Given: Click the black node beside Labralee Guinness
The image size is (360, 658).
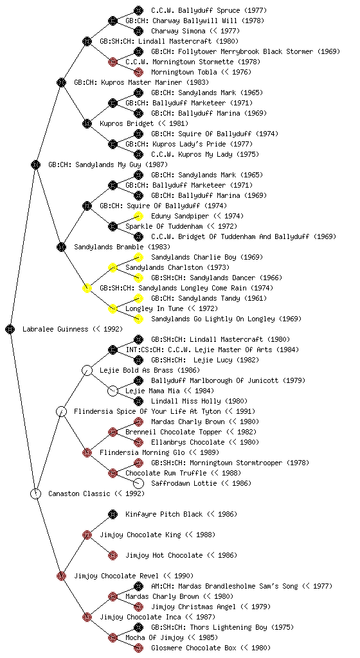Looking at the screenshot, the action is pos(10,329).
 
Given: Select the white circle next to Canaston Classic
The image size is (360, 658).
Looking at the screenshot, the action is pos(35,493).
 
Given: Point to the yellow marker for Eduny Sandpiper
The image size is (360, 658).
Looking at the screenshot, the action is pos(138,216).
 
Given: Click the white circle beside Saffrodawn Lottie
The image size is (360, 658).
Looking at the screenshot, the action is pos(138,483).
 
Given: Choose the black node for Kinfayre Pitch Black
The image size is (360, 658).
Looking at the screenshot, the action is pos(113,514).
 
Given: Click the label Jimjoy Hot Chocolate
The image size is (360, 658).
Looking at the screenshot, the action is pos(164,555).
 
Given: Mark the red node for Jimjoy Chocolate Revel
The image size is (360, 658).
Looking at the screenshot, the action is pos(61,576).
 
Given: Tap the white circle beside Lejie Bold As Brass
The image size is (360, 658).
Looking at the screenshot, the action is pos(87,370).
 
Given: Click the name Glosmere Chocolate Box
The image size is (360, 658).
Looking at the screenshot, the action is pos(194,648).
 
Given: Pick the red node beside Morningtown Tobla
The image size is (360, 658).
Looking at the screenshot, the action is pos(138,72).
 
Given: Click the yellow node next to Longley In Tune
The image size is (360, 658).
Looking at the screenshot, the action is pos(113,308).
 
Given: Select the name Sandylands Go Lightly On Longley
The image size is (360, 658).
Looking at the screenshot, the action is pos(213,319).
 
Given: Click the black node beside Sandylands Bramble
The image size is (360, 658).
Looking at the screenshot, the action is pos(61,247).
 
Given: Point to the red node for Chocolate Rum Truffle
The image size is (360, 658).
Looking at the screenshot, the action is pos(113,473).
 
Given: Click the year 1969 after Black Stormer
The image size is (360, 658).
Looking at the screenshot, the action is pos(328,51).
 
